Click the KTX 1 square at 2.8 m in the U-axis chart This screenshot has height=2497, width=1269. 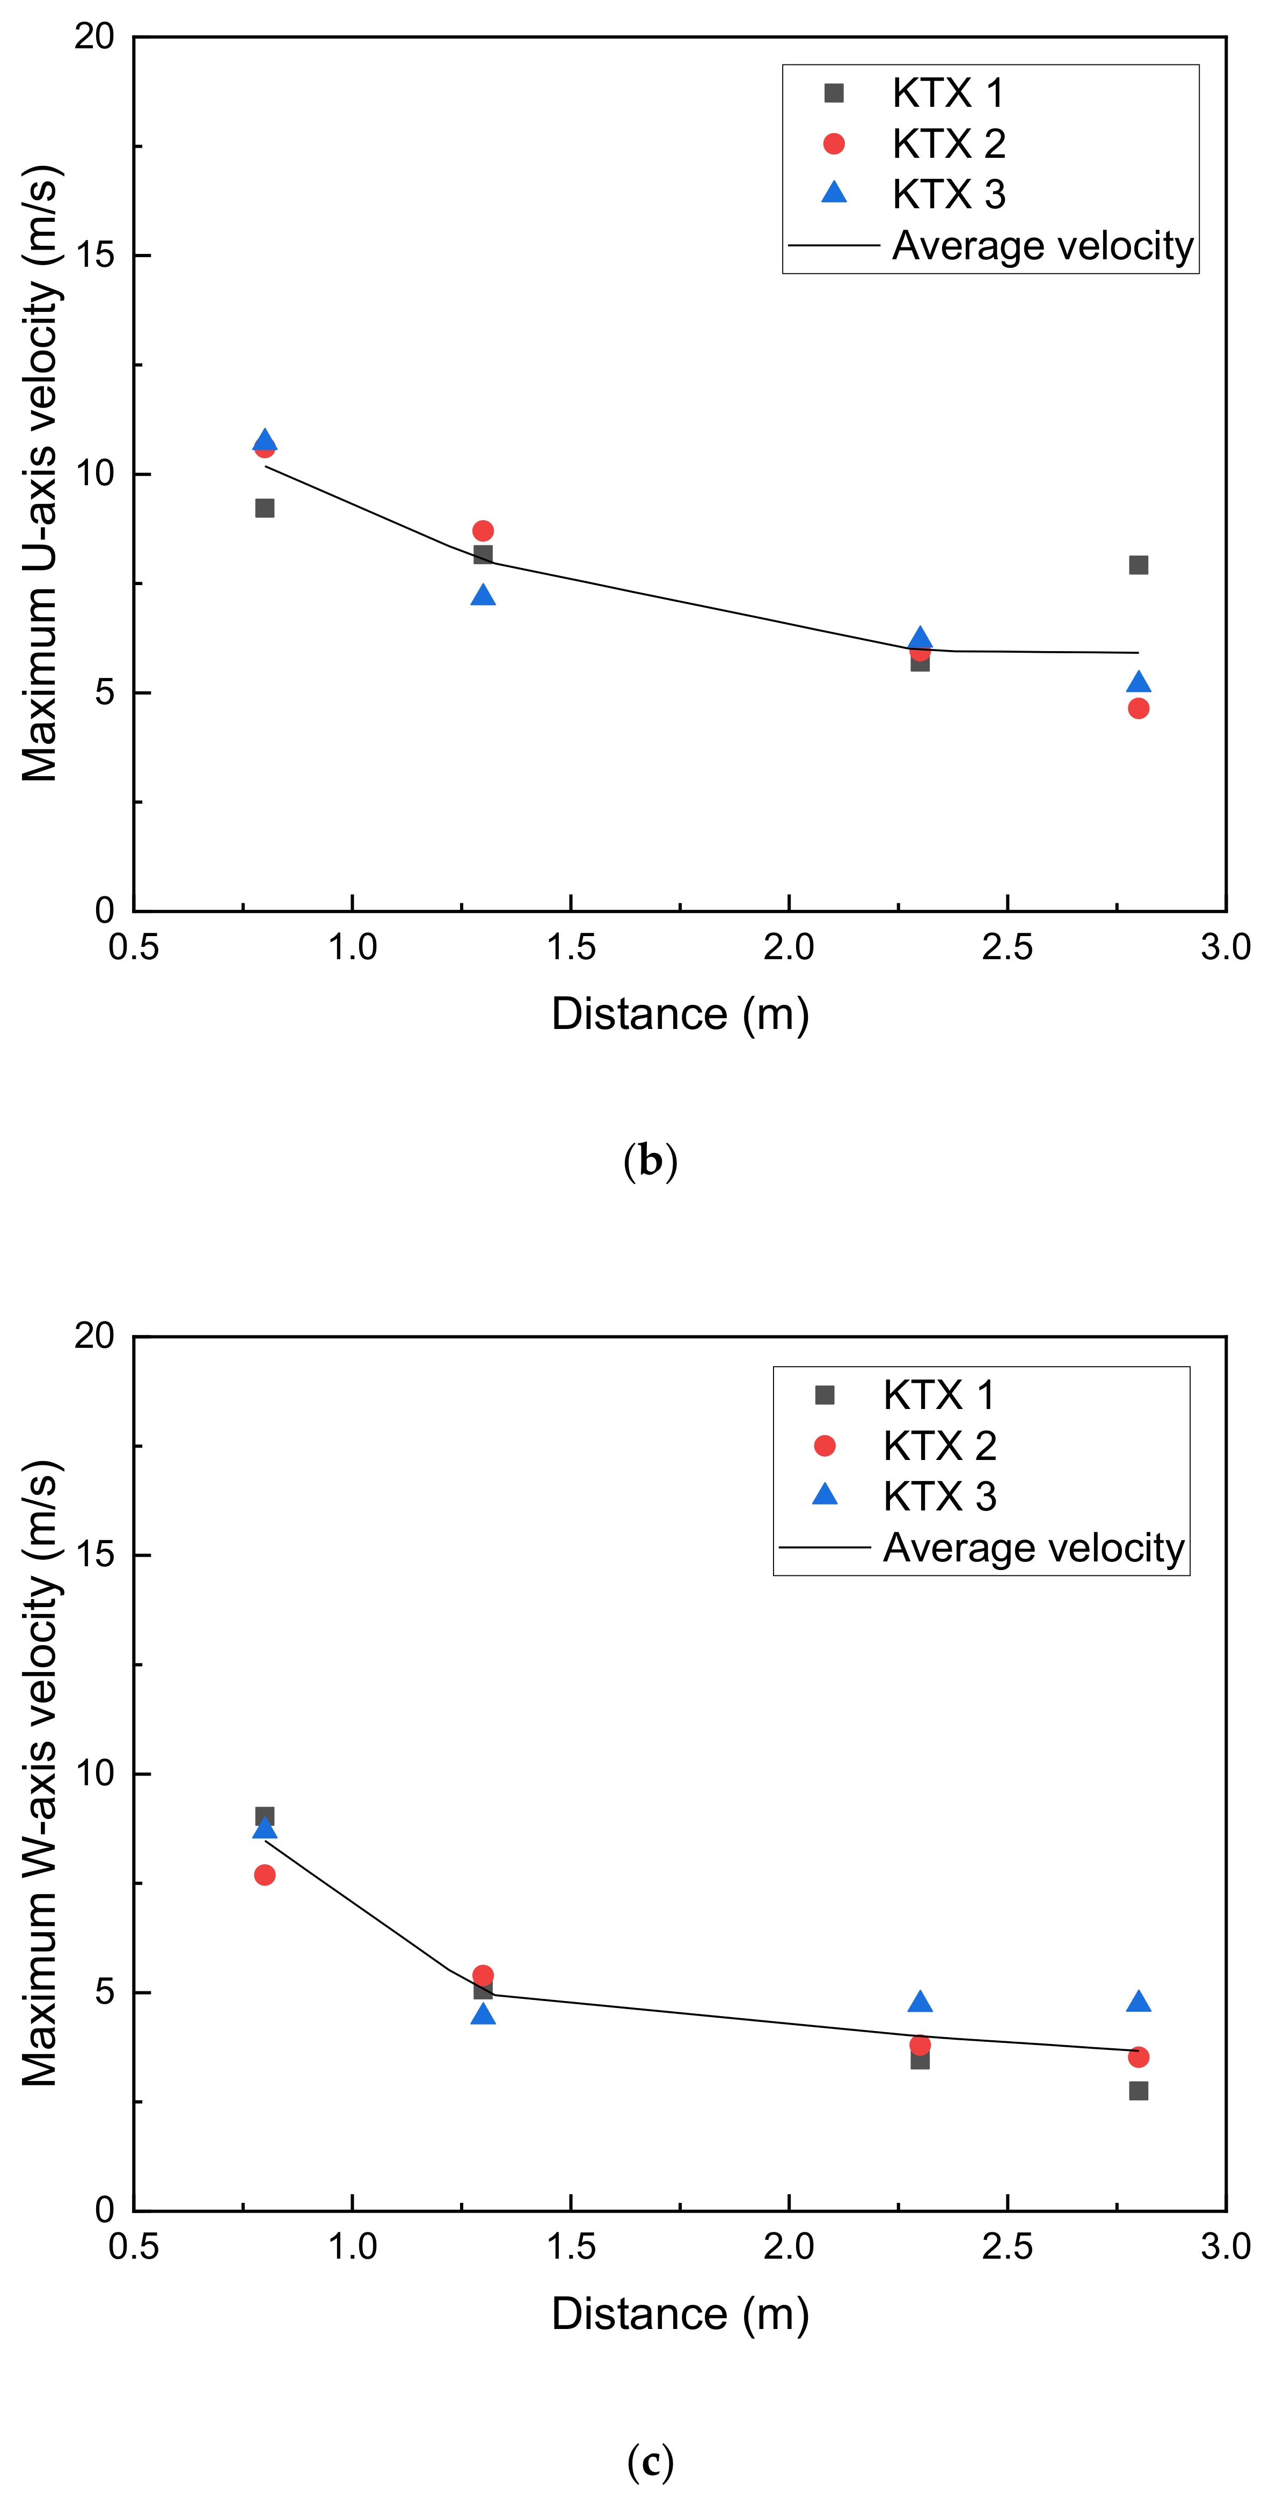pos(1138,565)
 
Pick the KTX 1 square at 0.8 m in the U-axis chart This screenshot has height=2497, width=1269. pos(265,508)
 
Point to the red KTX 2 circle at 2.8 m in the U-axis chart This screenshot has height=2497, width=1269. pos(1138,709)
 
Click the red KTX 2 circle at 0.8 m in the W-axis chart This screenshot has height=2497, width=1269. pos(265,1875)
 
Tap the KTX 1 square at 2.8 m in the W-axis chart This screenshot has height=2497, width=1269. pos(1138,2091)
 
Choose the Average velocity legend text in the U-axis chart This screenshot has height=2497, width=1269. pos(1042,245)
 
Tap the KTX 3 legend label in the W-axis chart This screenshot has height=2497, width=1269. pos(939,1496)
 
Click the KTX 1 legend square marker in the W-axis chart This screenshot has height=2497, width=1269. pos(824,1395)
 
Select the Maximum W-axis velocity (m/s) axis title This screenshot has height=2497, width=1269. pos(41,1774)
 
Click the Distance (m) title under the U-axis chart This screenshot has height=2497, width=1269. pos(680,1014)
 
